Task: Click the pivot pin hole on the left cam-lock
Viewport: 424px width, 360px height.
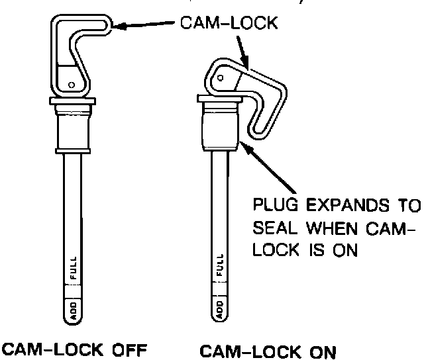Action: tap(71, 84)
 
